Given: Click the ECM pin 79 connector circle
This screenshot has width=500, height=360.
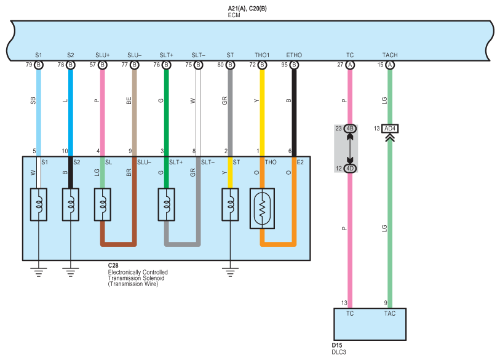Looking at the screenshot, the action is click(39, 65).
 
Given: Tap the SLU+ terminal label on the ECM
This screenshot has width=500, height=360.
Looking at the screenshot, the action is click(102, 55).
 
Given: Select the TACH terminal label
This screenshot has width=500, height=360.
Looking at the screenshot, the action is click(390, 55).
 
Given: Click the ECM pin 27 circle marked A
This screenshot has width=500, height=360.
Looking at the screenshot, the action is click(350, 65).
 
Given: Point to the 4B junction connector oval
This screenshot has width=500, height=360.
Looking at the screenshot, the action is click(350, 129).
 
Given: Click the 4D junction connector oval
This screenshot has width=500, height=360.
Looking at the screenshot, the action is click(350, 169).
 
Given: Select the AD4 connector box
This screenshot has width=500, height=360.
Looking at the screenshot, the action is click(390, 129).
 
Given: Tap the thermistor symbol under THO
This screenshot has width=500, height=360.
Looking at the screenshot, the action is click(262, 209).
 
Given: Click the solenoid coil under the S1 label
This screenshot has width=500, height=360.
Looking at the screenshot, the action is click(39, 204).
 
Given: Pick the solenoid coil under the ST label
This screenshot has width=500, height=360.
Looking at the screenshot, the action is click(230, 204).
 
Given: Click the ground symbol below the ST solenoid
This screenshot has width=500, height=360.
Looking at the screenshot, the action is click(230, 272).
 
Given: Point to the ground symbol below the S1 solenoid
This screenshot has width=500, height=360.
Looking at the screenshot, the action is click(39, 272).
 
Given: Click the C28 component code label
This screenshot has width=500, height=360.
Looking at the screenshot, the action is click(113, 265).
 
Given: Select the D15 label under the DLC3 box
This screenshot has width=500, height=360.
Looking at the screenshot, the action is click(337, 345).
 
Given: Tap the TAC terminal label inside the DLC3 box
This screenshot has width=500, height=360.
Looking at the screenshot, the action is click(390, 314).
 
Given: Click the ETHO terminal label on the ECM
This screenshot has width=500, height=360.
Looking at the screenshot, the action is click(294, 55).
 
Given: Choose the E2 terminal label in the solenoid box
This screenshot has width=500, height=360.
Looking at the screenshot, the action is click(300, 162).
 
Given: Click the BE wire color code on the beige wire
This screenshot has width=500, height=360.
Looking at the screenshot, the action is click(129, 101).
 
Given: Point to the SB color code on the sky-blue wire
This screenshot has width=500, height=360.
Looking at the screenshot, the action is click(33, 101).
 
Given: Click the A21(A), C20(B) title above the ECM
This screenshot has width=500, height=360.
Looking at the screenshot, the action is click(247, 9).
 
